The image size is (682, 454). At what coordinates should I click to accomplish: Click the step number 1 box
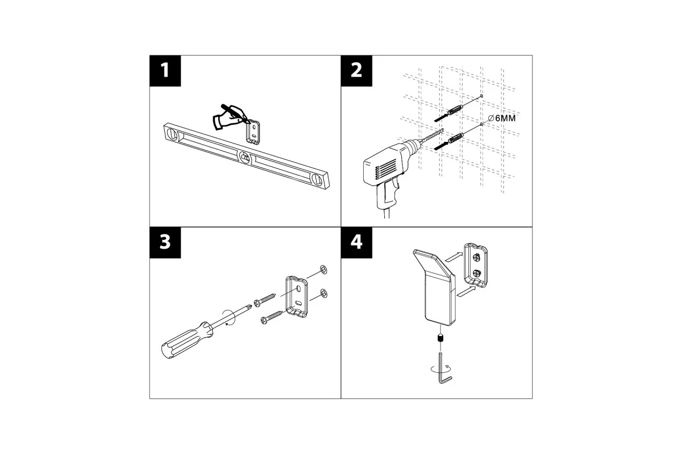(165, 71)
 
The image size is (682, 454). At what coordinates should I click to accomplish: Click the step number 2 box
(356, 71)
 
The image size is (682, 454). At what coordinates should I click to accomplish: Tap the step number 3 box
(165, 243)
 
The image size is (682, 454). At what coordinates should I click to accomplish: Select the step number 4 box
(356, 243)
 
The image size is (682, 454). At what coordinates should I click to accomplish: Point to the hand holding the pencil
(229, 117)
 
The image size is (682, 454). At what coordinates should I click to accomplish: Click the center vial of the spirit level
(245, 158)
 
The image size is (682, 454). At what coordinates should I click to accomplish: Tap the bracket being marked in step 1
(253, 133)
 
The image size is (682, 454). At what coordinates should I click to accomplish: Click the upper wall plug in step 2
(455, 109)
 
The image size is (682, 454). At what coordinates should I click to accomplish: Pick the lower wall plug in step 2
(455, 138)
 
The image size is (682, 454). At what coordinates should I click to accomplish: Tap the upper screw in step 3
(265, 300)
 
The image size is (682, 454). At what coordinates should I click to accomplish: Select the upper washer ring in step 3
(323, 270)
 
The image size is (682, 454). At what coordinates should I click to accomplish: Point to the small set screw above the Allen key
(440, 338)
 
